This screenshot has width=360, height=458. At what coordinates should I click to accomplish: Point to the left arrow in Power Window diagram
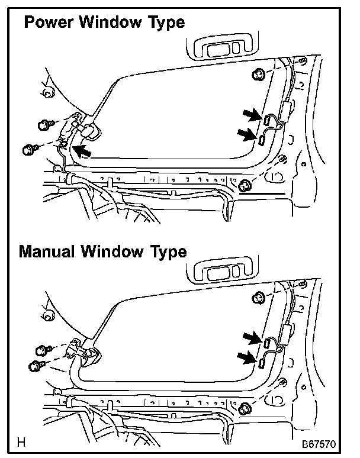point(82,151)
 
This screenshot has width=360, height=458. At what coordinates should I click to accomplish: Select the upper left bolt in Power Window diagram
point(44,125)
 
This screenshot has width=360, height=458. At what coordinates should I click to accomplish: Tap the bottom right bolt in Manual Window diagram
point(244,408)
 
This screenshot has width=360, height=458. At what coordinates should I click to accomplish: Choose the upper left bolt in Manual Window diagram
point(43,350)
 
